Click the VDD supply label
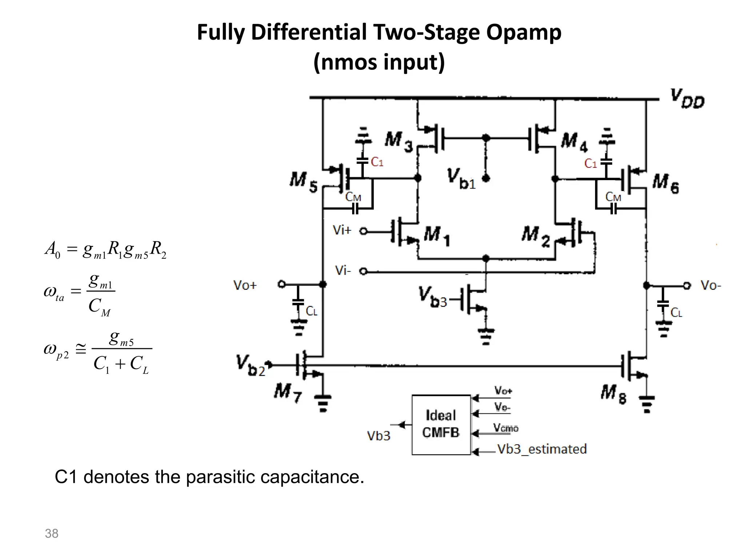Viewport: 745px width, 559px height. click(x=687, y=99)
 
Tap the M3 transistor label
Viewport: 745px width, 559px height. click(x=399, y=140)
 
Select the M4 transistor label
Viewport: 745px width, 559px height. click(x=574, y=142)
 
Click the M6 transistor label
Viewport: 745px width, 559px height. click(x=665, y=183)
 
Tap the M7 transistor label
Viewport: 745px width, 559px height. click(x=288, y=393)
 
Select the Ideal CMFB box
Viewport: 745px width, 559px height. click(x=441, y=424)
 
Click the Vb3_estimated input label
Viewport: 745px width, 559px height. click(x=542, y=449)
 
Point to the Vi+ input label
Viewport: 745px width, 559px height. click(x=342, y=230)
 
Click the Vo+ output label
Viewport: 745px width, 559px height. click(x=245, y=285)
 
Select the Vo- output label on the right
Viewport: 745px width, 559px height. click(x=710, y=285)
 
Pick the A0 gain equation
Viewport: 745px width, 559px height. click(x=105, y=250)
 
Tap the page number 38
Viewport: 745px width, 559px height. click(x=51, y=534)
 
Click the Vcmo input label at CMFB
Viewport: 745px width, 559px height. click(x=505, y=428)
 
